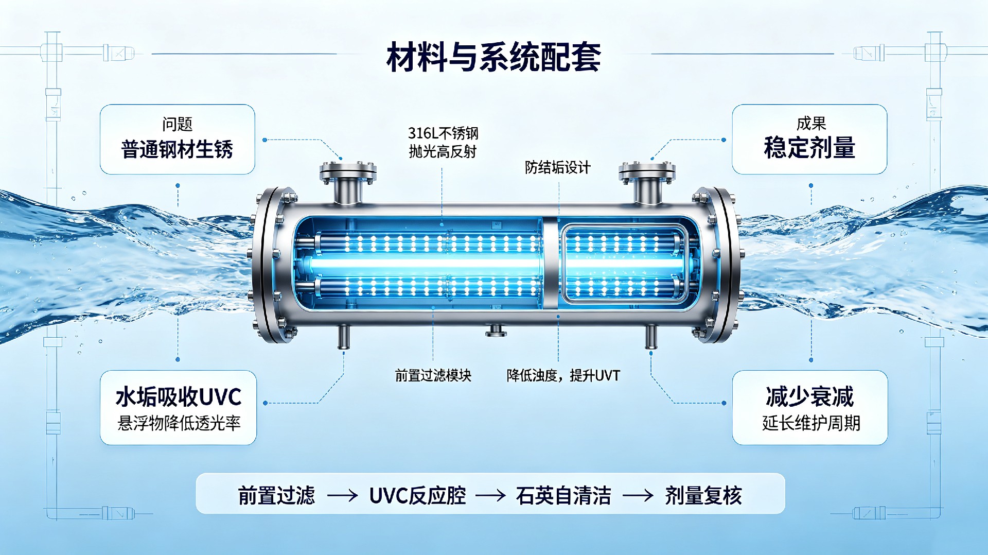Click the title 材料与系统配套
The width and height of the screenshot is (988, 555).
pos(493,57)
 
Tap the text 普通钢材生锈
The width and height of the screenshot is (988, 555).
pos(177,149)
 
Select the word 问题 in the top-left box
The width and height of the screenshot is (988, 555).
pos(177,124)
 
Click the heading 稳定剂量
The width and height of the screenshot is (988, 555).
pos(809,148)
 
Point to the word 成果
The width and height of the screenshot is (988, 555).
pos(811,124)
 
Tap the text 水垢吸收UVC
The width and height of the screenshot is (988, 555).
pos(179,397)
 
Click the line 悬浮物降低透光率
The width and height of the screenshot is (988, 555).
pos(179,423)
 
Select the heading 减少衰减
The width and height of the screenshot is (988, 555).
pos(809,396)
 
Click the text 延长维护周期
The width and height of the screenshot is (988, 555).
pos(811,423)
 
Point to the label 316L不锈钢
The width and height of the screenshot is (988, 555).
pos(443,133)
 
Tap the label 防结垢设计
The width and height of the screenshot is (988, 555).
pos(557,167)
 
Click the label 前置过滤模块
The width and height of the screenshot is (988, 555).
pos(433,375)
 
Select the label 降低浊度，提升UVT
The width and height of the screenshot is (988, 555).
pos(563,375)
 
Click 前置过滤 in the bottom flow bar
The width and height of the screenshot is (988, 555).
pos(276,495)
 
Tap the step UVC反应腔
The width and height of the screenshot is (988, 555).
pos(417,495)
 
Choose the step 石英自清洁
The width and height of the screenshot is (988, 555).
pos(563,495)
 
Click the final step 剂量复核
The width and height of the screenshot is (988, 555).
pos(703,495)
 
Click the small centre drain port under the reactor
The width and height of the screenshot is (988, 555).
pos(496,330)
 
